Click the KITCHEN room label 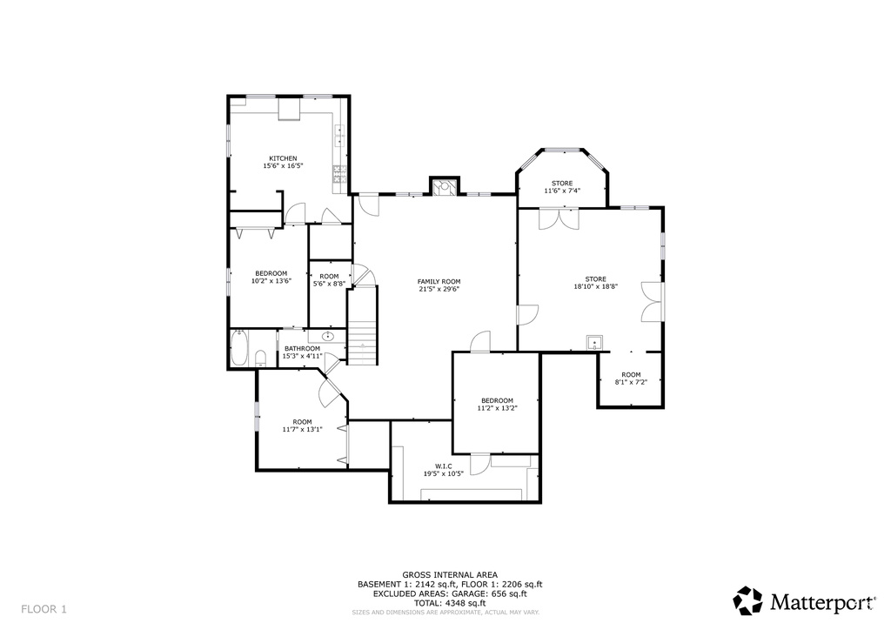tap(283, 158)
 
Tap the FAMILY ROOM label tap(439, 282)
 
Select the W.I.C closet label tap(443, 466)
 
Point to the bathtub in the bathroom tap(238, 349)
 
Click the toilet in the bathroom tap(261, 359)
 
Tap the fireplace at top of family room tap(444, 187)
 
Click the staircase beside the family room tap(363, 325)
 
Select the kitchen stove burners tap(339, 173)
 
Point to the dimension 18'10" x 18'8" tap(595, 287)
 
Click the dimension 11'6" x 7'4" tap(562, 191)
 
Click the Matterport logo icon tap(747, 601)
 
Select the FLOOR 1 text tap(44, 609)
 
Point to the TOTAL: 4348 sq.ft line tap(450, 603)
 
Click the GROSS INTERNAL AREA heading tap(450, 575)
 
